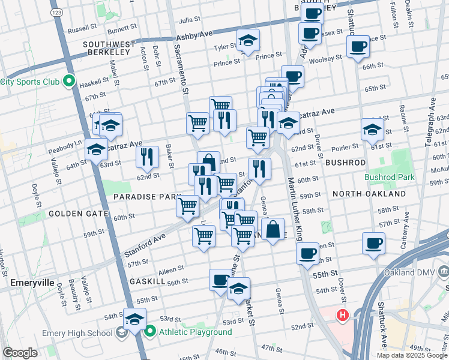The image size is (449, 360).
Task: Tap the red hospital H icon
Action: pos(343,314)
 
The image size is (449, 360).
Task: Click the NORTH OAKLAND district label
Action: pos(369,194)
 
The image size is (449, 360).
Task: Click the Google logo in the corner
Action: pos(20,352)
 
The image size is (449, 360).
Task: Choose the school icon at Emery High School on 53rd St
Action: pos(134,318)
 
